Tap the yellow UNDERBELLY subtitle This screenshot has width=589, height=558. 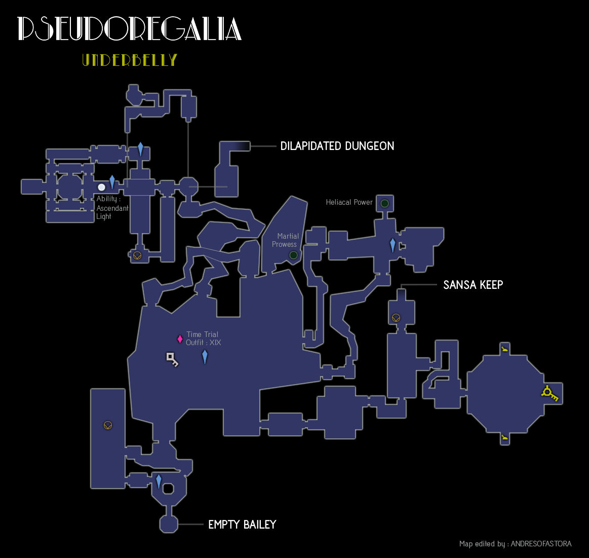pos(130,60)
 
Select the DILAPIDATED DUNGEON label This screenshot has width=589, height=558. pos(337,146)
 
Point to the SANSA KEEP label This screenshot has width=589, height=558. pos(473,285)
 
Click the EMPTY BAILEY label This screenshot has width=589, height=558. pos(242,525)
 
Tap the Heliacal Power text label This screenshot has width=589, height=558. pos(349,202)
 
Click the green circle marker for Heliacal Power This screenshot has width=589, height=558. pos(384,204)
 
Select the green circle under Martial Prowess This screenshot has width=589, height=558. pos(293,255)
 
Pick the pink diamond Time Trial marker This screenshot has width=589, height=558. pos(180,339)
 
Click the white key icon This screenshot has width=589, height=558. pos(172,359)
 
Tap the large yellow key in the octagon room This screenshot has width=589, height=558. pos(549,393)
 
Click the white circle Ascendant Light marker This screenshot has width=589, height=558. pos(102,188)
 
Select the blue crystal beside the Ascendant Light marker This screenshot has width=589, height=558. pos(112,182)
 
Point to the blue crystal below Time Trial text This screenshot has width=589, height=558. pos(205,357)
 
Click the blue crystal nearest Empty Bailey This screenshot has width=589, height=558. pos(159,481)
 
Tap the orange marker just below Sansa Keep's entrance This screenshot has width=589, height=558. pos(396,318)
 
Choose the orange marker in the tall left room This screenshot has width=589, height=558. pos(107,425)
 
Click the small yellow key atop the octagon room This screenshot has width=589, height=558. pos(504,349)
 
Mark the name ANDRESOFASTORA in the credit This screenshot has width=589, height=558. pos(541,544)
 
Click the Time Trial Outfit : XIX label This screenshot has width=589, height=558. pos(203,339)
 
